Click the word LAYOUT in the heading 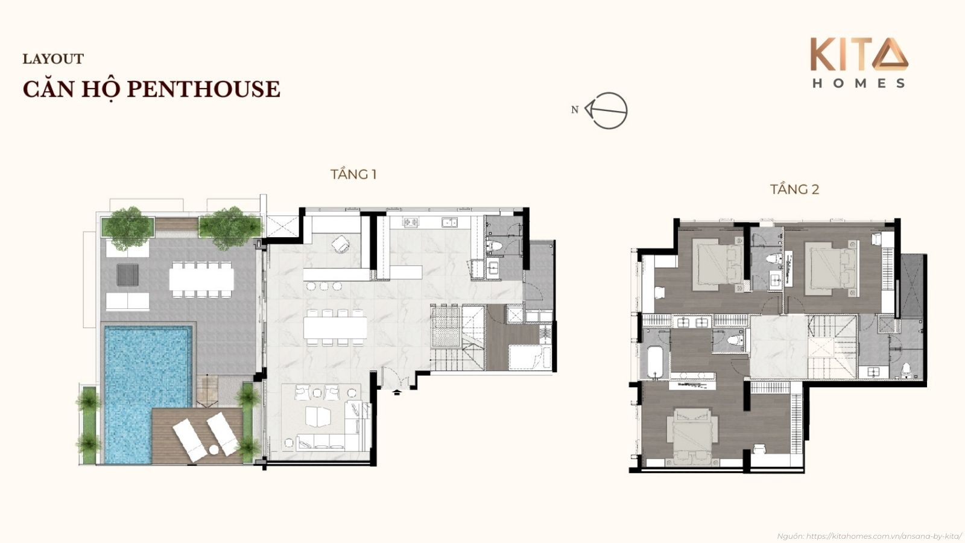tap(53, 59)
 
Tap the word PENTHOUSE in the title tap(204, 89)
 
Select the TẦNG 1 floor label tap(353, 174)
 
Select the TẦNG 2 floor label tap(794, 189)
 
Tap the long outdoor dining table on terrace tap(201, 279)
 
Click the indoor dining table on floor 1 tap(335, 328)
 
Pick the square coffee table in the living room tap(318, 416)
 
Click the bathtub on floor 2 tap(656, 361)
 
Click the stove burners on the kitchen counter tap(411, 223)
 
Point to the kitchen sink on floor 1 tap(449, 223)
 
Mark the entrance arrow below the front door tap(397, 392)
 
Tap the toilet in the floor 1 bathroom tap(493, 246)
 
